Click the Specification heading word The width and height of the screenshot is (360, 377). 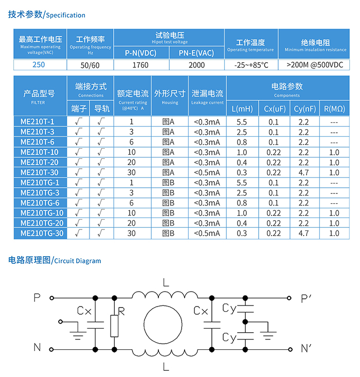66,15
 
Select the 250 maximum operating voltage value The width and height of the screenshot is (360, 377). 39,65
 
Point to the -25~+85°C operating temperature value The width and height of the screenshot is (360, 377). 251,65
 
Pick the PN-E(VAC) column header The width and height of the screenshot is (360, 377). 196,53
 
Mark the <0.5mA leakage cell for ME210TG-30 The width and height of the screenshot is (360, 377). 207,233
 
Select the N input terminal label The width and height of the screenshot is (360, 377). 37,348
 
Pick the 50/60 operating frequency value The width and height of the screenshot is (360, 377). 90,65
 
